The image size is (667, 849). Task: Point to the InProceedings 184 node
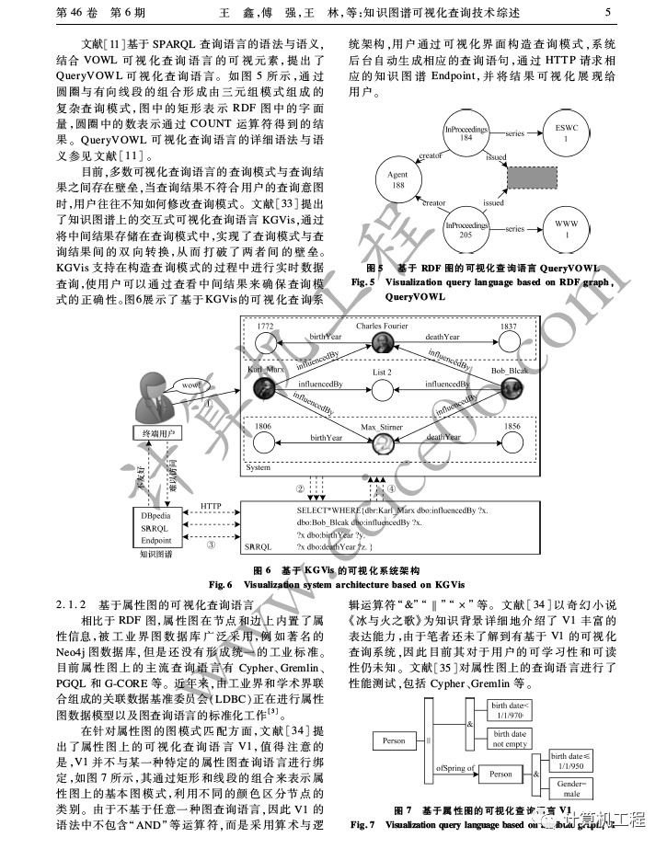(466, 133)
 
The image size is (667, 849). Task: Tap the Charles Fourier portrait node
(383, 343)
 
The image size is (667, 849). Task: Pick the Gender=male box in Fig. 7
(571, 787)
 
